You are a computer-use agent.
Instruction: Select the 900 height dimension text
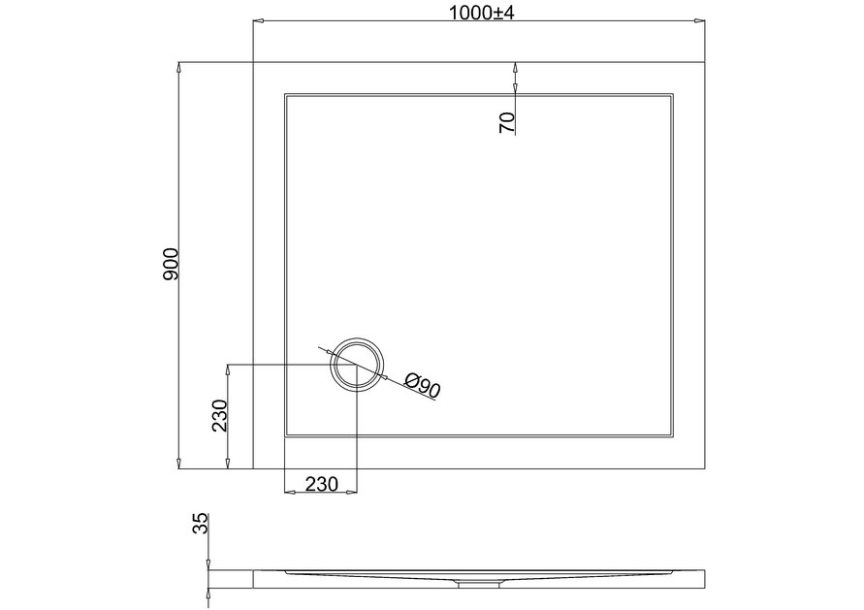pyautogui.click(x=171, y=265)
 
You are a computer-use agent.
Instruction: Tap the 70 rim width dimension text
pyautogui.click(x=505, y=122)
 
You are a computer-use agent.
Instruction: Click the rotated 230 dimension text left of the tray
pyautogui.click(x=220, y=415)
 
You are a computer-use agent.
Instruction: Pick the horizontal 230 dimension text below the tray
pyautogui.click(x=320, y=484)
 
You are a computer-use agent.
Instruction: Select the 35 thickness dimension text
pyautogui.click(x=200, y=525)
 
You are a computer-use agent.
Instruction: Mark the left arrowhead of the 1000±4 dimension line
pyautogui.click(x=257, y=20)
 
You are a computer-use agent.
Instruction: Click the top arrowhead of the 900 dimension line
pyautogui.click(x=179, y=67)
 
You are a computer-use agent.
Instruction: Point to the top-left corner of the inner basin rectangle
pyautogui.click(x=284, y=94)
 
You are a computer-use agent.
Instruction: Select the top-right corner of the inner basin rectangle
pyautogui.click(x=673, y=94)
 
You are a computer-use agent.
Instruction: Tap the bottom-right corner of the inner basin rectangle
pyautogui.click(x=673, y=437)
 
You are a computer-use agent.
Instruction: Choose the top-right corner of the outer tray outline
pyautogui.click(x=703, y=62)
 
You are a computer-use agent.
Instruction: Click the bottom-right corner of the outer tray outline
pyautogui.click(x=703, y=468)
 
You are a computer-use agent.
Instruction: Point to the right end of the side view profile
pyautogui.click(x=703, y=579)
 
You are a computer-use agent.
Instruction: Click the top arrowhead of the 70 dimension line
pyautogui.click(x=515, y=67)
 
